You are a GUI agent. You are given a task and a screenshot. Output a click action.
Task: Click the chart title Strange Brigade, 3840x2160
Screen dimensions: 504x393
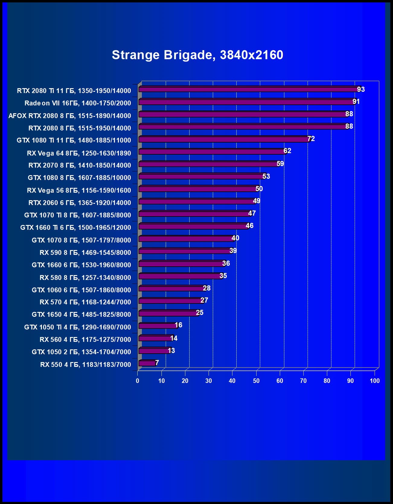[197, 55]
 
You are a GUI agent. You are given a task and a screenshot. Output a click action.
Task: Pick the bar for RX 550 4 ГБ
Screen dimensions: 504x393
[147, 363]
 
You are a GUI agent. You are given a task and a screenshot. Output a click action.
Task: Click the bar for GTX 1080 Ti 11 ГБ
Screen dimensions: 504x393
[223, 139]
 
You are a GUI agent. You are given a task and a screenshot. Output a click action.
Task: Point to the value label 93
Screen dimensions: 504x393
[361, 89]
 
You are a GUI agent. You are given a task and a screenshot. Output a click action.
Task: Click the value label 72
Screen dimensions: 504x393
[311, 139]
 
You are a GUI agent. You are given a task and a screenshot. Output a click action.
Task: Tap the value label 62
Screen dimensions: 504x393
[287, 151]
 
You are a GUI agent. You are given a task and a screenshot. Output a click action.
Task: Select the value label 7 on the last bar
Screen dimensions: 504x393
[157, 363]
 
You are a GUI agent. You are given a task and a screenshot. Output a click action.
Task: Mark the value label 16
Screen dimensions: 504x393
[178, 325]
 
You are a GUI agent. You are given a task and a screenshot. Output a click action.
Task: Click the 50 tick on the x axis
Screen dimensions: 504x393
[256, 381]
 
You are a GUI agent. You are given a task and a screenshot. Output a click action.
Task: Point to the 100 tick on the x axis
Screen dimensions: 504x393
[375, 381]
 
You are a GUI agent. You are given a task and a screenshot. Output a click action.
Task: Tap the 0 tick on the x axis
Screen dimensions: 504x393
[138, 381]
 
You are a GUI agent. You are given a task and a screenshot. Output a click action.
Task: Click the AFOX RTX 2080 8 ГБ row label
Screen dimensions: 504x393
[70, 116]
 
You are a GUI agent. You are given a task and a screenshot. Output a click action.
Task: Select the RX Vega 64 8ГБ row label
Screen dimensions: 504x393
[79, 153]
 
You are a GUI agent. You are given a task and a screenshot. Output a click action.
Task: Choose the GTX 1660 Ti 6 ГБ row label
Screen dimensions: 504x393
[75, 227]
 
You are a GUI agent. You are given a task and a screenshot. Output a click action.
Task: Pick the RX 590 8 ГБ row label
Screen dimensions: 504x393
[85, 252]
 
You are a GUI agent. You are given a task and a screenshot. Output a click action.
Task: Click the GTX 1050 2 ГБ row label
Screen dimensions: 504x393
[81, 352]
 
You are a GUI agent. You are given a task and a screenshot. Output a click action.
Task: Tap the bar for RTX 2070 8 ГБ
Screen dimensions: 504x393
[208, 164]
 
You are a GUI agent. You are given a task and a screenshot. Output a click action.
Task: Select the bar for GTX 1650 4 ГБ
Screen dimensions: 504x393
[168, 313]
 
